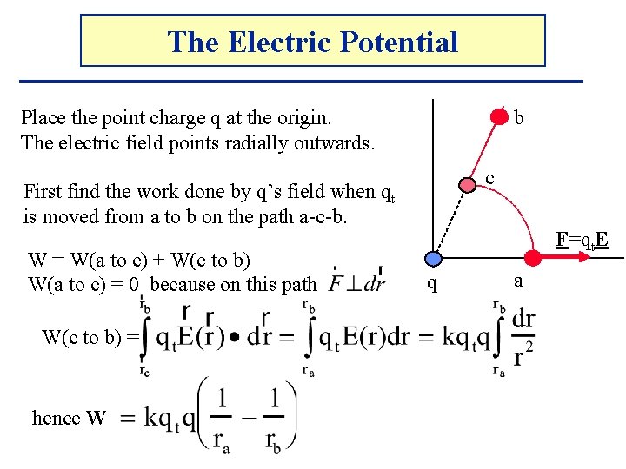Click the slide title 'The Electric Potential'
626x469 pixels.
pyautogui.click(x=312, y=41)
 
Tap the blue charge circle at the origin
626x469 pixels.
pyautogui.click(x=435, y=258)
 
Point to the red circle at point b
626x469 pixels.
pyautogui.click(x=500, y=115)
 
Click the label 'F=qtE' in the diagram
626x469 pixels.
pyautogui.click(x=580, y=238)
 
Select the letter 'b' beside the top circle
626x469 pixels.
pyautogui.click(x=519, y=116)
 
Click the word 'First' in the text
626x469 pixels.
pyautogui.click(x=43, y=191)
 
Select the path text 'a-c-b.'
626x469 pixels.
pyautogui.click(x=321, y=215)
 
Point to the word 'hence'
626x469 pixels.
pyautogui.click(x=56, y=418)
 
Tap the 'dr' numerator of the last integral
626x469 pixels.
pyautogui.click(x=523, y=319)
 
